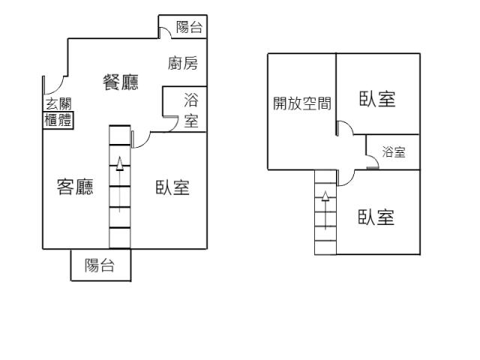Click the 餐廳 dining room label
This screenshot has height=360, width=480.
(120, 82)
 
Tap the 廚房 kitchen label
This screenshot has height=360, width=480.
(183, 64)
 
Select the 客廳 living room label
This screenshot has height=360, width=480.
(76, 187)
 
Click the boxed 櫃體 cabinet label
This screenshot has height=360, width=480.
(58, 120)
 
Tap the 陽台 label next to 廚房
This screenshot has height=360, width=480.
(189, 28)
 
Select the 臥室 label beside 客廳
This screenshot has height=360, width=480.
(172, 187)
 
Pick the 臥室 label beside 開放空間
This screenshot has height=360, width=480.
(377, 99)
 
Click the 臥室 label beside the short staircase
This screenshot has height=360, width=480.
(377, 217)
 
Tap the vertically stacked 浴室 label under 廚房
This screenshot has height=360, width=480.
(191, 111)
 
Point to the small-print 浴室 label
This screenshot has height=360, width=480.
(394, 153)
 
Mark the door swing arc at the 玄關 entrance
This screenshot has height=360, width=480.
(48, 82)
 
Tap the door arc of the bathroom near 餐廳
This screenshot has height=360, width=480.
(171, 124)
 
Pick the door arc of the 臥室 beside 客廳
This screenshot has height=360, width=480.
(138, 139)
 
